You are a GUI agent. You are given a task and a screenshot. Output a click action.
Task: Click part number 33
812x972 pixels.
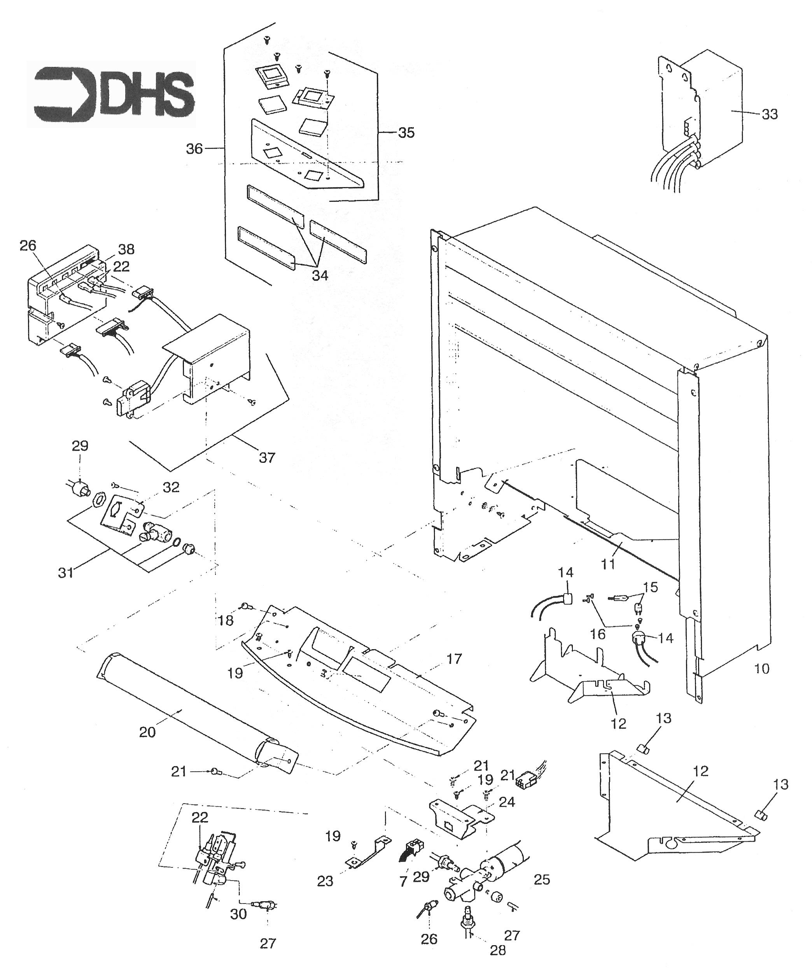pyautogui.click(x=769, y=114)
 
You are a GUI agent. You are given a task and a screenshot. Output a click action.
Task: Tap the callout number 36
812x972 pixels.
pyautogui.click(x=194, y=149)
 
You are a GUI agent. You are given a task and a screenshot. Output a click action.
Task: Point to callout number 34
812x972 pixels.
pyautogui.click(x=320, y=275)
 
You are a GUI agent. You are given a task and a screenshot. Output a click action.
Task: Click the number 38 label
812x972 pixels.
pyautogui.click(x=126, y=249)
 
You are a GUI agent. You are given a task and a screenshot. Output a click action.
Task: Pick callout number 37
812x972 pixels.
pyautogui.click(x=267, y=458)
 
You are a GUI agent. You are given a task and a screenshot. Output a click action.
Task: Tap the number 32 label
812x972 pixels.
pyautogui.click(x=171, y=487)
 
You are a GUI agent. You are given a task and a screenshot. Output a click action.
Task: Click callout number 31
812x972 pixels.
pyautogui.click(x=66, y=573)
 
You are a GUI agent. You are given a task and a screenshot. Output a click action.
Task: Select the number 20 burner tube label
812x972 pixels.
pyautogui.click(x=147, y=733)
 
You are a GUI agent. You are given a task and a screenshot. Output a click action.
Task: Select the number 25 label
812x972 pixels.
pyautogui.click(x=542, y=879)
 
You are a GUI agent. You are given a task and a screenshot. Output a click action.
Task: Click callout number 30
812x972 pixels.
pyautogui.click(x=239, y=914)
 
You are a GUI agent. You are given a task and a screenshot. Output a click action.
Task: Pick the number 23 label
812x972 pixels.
pyautogui.click(x=325, y=881)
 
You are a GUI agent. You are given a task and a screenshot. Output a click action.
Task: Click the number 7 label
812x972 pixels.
pyautogui.click(x=403, y=882)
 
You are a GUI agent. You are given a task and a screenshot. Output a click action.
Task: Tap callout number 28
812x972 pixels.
pyautogui.click(x=498, y=950)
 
